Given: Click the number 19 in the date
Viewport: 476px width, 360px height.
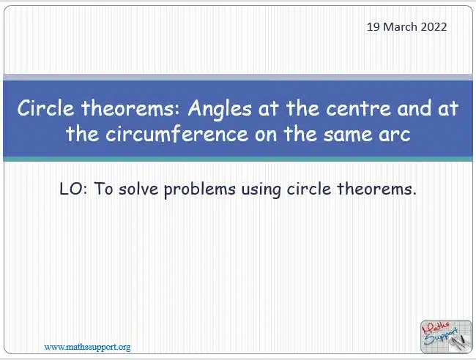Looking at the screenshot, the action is [x=373, y=27].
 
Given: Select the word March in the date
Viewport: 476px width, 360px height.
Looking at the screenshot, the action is [x=400, y=27].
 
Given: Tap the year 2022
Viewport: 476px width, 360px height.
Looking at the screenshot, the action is [x=434, y=27].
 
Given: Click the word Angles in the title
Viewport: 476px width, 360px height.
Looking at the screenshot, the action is [x=220, y=109].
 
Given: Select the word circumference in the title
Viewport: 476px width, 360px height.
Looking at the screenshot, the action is [x=177, y=134].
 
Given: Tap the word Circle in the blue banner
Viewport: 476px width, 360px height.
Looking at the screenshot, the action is [x=45, y=108].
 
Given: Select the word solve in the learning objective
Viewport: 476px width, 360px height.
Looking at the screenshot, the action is [x=138, y=189].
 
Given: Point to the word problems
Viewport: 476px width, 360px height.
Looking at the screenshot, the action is [x=200, y=190].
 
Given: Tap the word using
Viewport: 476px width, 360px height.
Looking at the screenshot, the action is [x=261, y=190].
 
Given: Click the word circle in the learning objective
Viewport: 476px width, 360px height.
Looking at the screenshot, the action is [x=309, y=189].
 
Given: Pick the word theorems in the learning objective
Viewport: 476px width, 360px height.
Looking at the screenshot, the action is [x=376, y=189].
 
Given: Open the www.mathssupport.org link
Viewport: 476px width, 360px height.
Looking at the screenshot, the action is [x=87, y=347].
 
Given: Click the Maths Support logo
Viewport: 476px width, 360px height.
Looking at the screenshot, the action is [x=446, y=337].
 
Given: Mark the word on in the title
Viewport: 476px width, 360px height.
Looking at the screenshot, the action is [x=266, y=135].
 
